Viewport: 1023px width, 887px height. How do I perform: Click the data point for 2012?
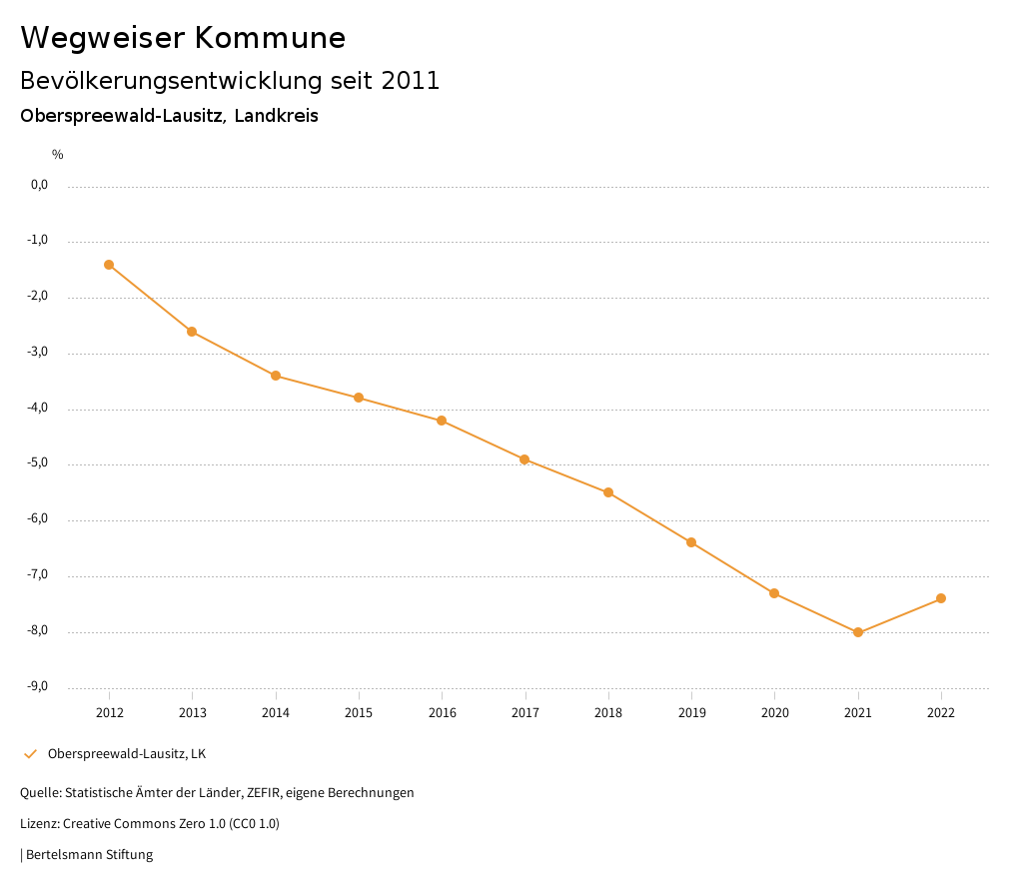click(109, 265)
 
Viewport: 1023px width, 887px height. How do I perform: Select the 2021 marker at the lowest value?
click(858, 632)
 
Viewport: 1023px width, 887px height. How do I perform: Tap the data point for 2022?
click(941, 598)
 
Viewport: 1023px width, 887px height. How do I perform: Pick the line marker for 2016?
click(442, 421)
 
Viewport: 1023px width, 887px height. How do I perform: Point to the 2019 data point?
click(691, 542)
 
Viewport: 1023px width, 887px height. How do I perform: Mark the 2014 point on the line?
click(276, 376)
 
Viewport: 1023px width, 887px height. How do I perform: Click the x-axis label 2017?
click(525, 713)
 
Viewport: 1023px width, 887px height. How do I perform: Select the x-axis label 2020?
click(774, 713)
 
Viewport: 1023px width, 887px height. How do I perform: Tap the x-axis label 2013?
click(193, 713)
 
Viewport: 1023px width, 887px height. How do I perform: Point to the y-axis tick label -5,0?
click(39, 463)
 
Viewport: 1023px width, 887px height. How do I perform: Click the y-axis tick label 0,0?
click(40, 185)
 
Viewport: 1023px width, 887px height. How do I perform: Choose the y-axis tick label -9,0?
click(39, 686)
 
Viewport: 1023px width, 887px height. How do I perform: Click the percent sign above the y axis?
click(58, 155)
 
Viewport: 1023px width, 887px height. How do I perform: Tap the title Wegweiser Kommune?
click(183, 38)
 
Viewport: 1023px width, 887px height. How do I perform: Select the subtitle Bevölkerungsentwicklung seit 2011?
click(230, 81)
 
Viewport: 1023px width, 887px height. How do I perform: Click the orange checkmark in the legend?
click(30, 753)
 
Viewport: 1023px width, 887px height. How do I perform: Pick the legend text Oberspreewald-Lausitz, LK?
click(127, 753)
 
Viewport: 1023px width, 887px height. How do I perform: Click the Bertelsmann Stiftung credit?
click(89, 855)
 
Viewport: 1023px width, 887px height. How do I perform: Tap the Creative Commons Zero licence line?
click(150, 824)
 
